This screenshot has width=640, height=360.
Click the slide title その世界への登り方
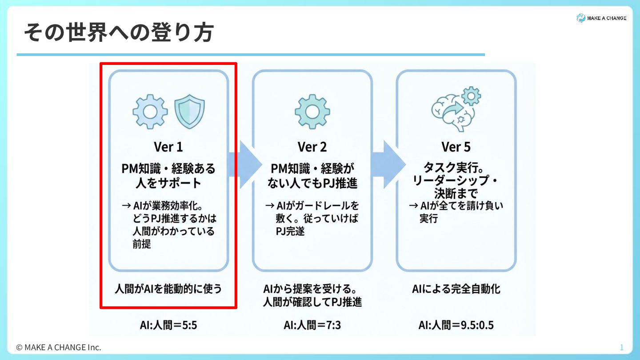(x=119, y=33)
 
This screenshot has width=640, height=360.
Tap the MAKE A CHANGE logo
(x=601, y=18)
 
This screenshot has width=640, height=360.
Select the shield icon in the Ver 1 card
(x=189, y=112)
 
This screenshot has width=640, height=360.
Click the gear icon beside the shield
(x=150, y=112)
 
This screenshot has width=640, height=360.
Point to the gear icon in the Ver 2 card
(x=312, y=112)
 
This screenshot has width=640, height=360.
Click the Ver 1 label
(x=168, y=147)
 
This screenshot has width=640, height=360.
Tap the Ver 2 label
(x=312, y=147)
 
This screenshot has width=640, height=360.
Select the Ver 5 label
(x=456, y=147)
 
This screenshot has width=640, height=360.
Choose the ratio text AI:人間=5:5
(x=168, y=325)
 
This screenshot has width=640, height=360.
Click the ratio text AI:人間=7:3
(x=312, y=325)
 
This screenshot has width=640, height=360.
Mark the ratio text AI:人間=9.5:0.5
(x=456, y=325)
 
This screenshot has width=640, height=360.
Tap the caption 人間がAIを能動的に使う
(x=168, y=289)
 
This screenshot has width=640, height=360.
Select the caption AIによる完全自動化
(x=456, y=289)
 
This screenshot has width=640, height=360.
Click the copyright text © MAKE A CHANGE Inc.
(x=59, y=347)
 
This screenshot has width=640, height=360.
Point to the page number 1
(x=622, y=347)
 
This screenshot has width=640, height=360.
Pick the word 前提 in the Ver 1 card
(x=142, y=244)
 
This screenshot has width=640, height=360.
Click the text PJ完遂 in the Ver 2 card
(x=290, y=231)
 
